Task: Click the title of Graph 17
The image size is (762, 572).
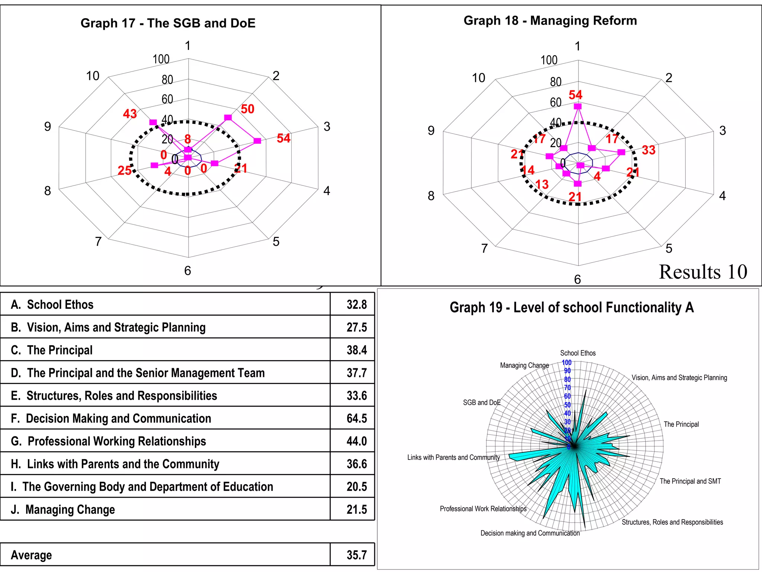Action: [168, 23]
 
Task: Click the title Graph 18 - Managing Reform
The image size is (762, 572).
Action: [550, 20]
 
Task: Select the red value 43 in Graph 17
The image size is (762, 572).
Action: [130, 114]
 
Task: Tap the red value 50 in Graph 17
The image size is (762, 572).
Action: [247, 109]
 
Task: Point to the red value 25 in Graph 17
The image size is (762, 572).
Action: [125, 171]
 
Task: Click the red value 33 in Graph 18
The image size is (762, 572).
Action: [649, 150]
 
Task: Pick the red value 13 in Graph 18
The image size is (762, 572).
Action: [542, 184]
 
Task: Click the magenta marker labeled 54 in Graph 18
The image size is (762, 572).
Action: [578, 107]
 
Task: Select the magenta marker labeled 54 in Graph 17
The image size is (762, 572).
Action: [257, 141]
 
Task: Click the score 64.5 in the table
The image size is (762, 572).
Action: [356, 418]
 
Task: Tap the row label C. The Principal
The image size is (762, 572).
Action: [52, 350]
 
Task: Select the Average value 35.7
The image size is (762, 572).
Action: [356, 555]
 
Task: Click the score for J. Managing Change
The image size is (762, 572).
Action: [356, 509]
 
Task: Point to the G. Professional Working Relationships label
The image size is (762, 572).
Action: [108, 441]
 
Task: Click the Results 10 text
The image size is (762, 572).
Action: [703, 272]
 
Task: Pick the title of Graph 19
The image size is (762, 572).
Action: [571, 308]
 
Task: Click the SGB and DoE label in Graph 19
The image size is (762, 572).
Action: [481, 403]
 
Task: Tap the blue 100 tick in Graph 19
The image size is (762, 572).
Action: [566, 363]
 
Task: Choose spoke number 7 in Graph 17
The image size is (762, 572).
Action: [98, 242]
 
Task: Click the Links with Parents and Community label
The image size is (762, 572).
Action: [453, 457]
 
